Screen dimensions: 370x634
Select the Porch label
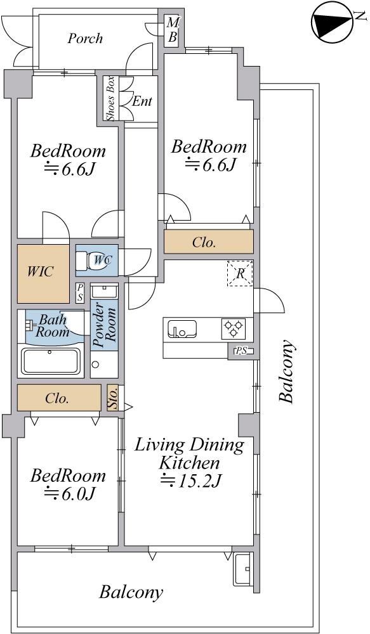[85, 39]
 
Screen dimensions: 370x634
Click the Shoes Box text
[110, 98]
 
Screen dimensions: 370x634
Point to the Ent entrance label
[142, 101]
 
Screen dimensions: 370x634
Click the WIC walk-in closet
[43, 274]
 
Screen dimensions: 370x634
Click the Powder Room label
[103, 325]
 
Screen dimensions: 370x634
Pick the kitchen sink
[182, 328]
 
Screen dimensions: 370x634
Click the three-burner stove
[234, 328]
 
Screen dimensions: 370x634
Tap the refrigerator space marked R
[240, 274]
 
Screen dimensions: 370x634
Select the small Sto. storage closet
[113, 399]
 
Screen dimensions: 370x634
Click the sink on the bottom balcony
[243, 569]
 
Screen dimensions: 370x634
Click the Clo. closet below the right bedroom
[209, 242]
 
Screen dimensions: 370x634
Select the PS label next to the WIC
[81, 292]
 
